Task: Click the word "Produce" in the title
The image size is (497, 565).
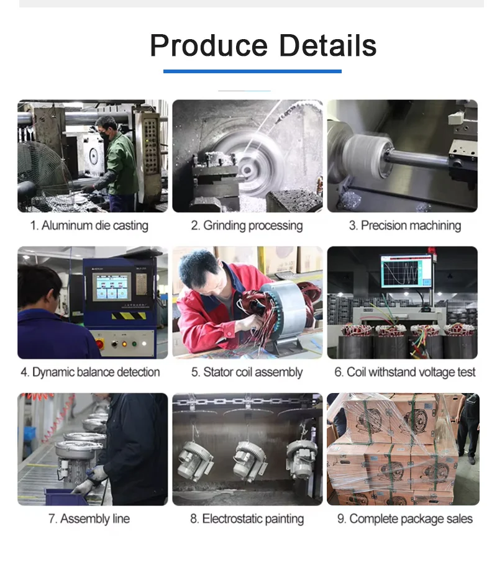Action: tap(209, 45)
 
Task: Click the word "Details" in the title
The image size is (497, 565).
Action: tap(328, 45)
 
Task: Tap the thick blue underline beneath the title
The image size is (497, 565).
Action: tap(252, 71)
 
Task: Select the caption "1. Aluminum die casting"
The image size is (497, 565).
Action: tap(89, 225)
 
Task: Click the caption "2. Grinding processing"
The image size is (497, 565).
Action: tap(247, 225)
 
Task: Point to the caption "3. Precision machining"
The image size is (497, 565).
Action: tap(404, 225)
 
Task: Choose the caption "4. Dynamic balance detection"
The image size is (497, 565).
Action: tap(90, 373)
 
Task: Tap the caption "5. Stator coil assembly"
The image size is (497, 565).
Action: tap(247, 373)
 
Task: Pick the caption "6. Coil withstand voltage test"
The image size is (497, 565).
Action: tap(404, 373)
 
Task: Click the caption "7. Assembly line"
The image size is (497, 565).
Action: tap(89, 519)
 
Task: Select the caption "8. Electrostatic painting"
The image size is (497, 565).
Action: tap(247, 519)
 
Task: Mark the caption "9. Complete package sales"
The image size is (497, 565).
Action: tap(404, 519)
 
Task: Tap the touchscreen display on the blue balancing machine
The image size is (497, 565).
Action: tap(111, 287)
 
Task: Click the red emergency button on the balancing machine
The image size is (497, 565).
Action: tap(99, 343)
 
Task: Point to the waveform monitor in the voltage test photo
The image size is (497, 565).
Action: tap(406, 271)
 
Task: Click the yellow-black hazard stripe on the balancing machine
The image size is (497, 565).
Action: tap(129, 316)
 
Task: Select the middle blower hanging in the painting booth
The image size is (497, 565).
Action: tap(250, 461)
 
